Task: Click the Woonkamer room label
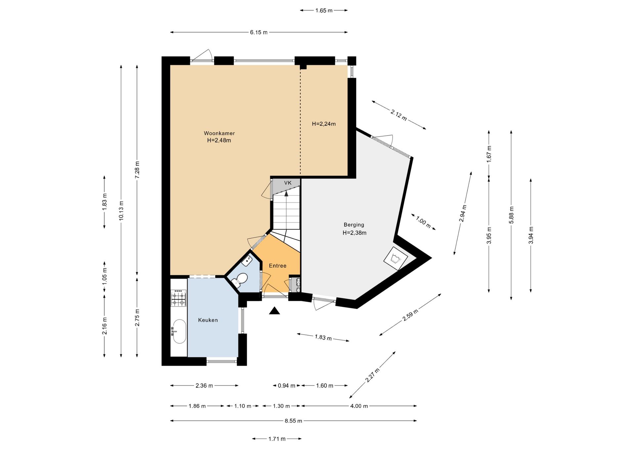(x=219, y=133)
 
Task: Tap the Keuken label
(x=208, y=320)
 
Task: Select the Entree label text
(x=277, y=266)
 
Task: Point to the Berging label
(x=354, y=225)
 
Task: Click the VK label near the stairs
(x=288, y=183)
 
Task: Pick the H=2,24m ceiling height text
(x=324, y=124)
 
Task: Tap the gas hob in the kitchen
(x=179, y=298)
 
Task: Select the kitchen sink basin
(x=180, y=331)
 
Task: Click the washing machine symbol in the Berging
(x=396, y=259)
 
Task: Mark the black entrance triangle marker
(x=275, y=311)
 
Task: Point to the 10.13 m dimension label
(x=121, y=211)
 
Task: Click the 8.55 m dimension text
(x=293, y=421)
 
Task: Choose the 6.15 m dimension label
(x=259, y=32)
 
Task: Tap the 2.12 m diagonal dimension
(x=399, y=115)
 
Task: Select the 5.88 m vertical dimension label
(x=511, y=215)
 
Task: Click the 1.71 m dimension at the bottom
(x=277, y=439)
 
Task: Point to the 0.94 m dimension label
(x=286, y=386)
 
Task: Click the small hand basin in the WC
(x=247, y=261)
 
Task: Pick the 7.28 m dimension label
(x=137, y=170)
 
